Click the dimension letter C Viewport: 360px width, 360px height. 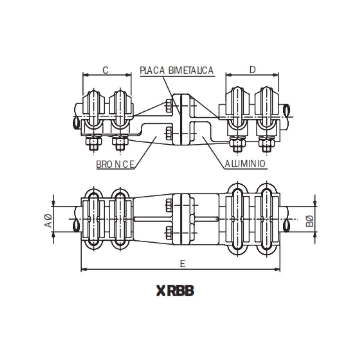click(105, 70)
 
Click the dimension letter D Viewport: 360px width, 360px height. click(252, 70)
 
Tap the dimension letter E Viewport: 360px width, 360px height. click(182, 264)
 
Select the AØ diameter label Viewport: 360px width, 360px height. click(48, 221)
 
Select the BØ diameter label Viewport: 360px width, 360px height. click(310, 221)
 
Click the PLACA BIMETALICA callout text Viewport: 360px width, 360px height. click(177, 70)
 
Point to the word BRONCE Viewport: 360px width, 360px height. click(115, 164)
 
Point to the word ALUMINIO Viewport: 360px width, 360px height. click(245, 164)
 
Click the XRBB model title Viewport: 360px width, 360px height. click(175, 291)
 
